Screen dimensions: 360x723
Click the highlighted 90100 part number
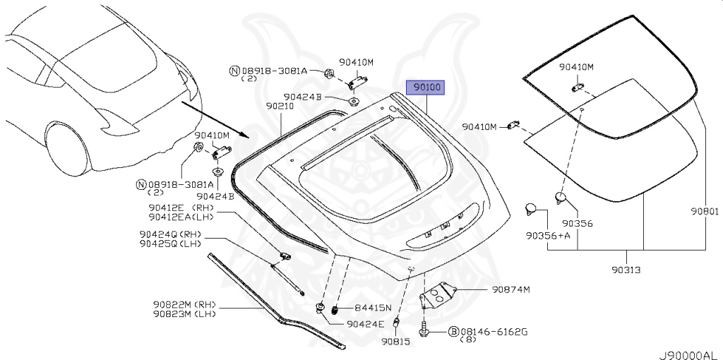pyautogui.click(x=427, y=88)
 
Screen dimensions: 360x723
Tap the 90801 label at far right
pyautogui.click(x=704, y=211)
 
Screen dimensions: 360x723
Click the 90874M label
pyautogui.click(x=511, y=289)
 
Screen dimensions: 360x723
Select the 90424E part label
pyautogui.click(x=366, y=324)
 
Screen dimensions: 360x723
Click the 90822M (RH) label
pyautogui.click(x=184, y=305)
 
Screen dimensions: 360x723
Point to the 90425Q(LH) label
pyautogui.click(x=170, y=244)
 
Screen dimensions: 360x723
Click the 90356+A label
pyautogui.click(x=547, y=235)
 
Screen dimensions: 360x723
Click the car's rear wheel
pyautogui.click(x=67, y=148)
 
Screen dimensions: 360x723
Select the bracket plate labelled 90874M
pyautogui.click(x=438, y=294)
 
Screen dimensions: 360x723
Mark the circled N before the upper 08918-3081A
pyautogui.click(x=234, y=71)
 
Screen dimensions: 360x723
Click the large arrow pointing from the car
pyautogui.click(x=212, y=119)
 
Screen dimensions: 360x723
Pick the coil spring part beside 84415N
pyautogui.click(x=336, y=309)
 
